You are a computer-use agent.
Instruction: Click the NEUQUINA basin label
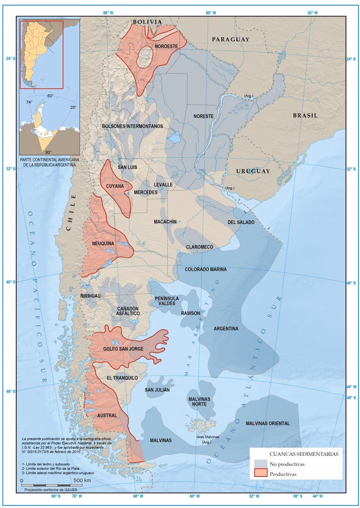point(103,243)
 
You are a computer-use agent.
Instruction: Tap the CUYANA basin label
point(115,186)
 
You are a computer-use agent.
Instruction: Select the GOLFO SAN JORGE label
point(123,349)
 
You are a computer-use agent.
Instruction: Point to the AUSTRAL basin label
point(107,415)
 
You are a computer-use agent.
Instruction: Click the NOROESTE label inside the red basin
point(166,46)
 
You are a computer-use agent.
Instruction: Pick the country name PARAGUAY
point(230,39)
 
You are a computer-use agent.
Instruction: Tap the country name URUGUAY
point(253,171)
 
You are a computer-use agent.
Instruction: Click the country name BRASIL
point(305,116)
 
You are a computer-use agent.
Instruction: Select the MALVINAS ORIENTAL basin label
point(268,423)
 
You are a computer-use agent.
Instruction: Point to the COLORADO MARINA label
point(205,269)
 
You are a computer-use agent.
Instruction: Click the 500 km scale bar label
point(82,480)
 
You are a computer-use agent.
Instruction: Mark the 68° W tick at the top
point(108,13)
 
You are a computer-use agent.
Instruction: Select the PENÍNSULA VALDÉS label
point(166,301)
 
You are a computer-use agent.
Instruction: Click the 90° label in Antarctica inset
point(48,152)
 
